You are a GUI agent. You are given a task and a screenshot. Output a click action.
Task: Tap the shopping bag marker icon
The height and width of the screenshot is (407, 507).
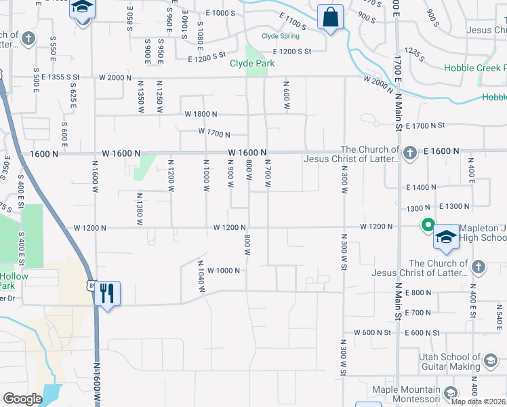[330, 18]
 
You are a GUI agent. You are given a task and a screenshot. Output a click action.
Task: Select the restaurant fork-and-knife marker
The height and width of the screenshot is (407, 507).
[107, 294]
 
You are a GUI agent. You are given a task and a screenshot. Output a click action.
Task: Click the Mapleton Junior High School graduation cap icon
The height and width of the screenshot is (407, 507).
[446, 237]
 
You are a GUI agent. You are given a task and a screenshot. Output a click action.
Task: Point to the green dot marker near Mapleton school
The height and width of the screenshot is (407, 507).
[428, 225]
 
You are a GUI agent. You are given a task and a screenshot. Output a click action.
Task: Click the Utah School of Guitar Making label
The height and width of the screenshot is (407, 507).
[441, 362]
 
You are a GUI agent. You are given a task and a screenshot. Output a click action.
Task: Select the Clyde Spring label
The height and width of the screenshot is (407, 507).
[281, 36]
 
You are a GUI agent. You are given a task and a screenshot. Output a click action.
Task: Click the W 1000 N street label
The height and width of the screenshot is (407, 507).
[224, 271]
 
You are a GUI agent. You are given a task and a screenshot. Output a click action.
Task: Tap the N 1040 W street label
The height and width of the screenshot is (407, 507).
[201, 276]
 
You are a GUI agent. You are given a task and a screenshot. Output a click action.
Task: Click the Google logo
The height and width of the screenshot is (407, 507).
[23, 399]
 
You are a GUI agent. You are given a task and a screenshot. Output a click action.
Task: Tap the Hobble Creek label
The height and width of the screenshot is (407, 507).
[475, 68]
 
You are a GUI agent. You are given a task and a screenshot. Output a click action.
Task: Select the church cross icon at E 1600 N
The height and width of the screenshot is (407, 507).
[410, 154]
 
